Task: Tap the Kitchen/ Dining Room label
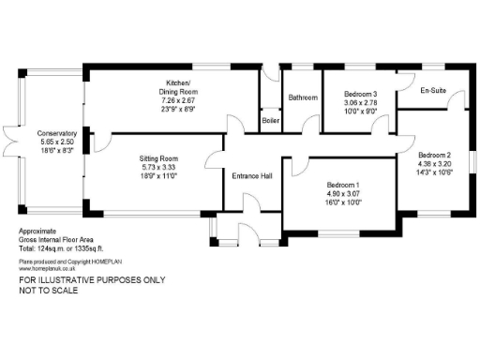click(174, 86)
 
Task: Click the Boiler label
click(270, 121)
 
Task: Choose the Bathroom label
click(303, 97)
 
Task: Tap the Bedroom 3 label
click(360, 95)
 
